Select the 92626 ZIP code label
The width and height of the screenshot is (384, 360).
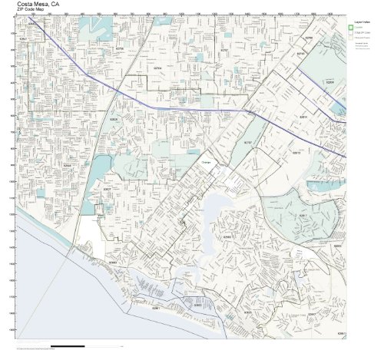[x=114, y=119]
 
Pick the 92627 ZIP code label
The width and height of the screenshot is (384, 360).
[x=107, y=188]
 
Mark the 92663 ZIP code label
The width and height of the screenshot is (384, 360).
[x=112, y=262]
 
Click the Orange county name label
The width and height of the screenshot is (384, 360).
[x=205, y=163]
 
